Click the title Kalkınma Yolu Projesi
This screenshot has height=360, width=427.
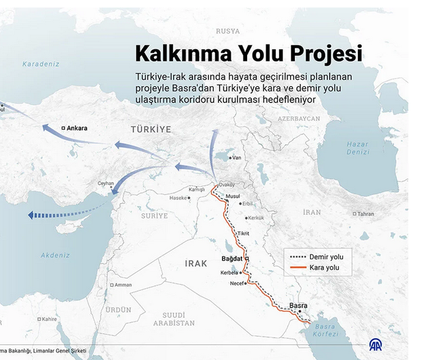tap(248, 53)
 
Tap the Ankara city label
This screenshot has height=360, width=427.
tap(77, 128)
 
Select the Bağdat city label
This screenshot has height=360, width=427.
tap(233, 259)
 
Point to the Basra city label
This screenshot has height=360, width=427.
tap(298, 305)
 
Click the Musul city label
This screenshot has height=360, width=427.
tap(233, 196)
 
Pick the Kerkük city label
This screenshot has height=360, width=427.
tap(255, 218)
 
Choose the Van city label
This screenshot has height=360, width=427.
tap(237, 158)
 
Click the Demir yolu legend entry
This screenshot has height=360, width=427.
tap(326, 257)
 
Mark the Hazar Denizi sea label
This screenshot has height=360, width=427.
tap(357, 148)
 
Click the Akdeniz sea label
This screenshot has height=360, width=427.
tap(55, 255)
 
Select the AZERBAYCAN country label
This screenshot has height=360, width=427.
tap(299, 118)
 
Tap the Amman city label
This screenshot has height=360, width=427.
tap(123, 285)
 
